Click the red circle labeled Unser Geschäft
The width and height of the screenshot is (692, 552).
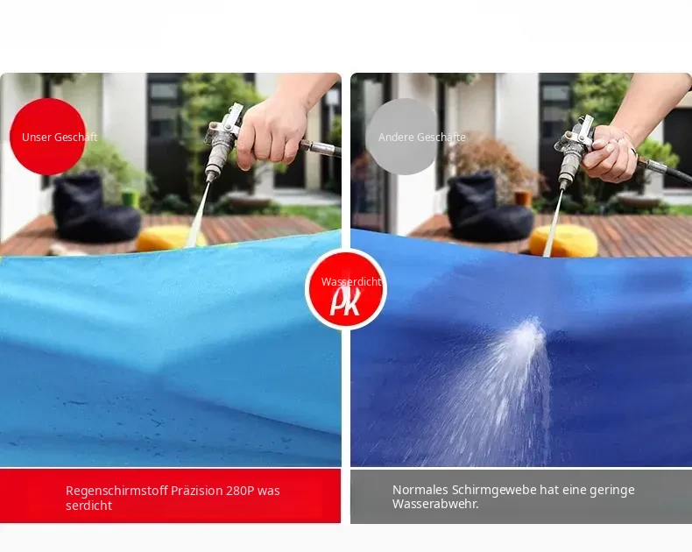pos(47,137)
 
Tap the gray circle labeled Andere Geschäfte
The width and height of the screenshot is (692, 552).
pos(402,137)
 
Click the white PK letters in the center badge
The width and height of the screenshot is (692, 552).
pos(345,302)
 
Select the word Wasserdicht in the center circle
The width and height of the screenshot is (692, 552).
pos(351,282)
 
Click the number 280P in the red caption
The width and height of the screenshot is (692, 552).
pos(240,491)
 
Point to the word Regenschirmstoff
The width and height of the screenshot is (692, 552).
pos(117,491)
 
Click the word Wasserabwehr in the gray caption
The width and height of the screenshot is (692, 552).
pos(435,504)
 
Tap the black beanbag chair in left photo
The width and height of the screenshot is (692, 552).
pos(94,207)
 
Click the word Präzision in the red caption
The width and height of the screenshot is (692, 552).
pos(197,491)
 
